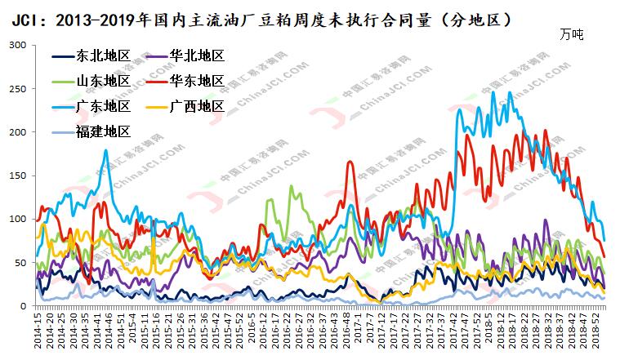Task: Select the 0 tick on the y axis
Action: tap(25, 306)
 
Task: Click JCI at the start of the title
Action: tap(20, 16)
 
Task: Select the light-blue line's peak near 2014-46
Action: tap(105, 150)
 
